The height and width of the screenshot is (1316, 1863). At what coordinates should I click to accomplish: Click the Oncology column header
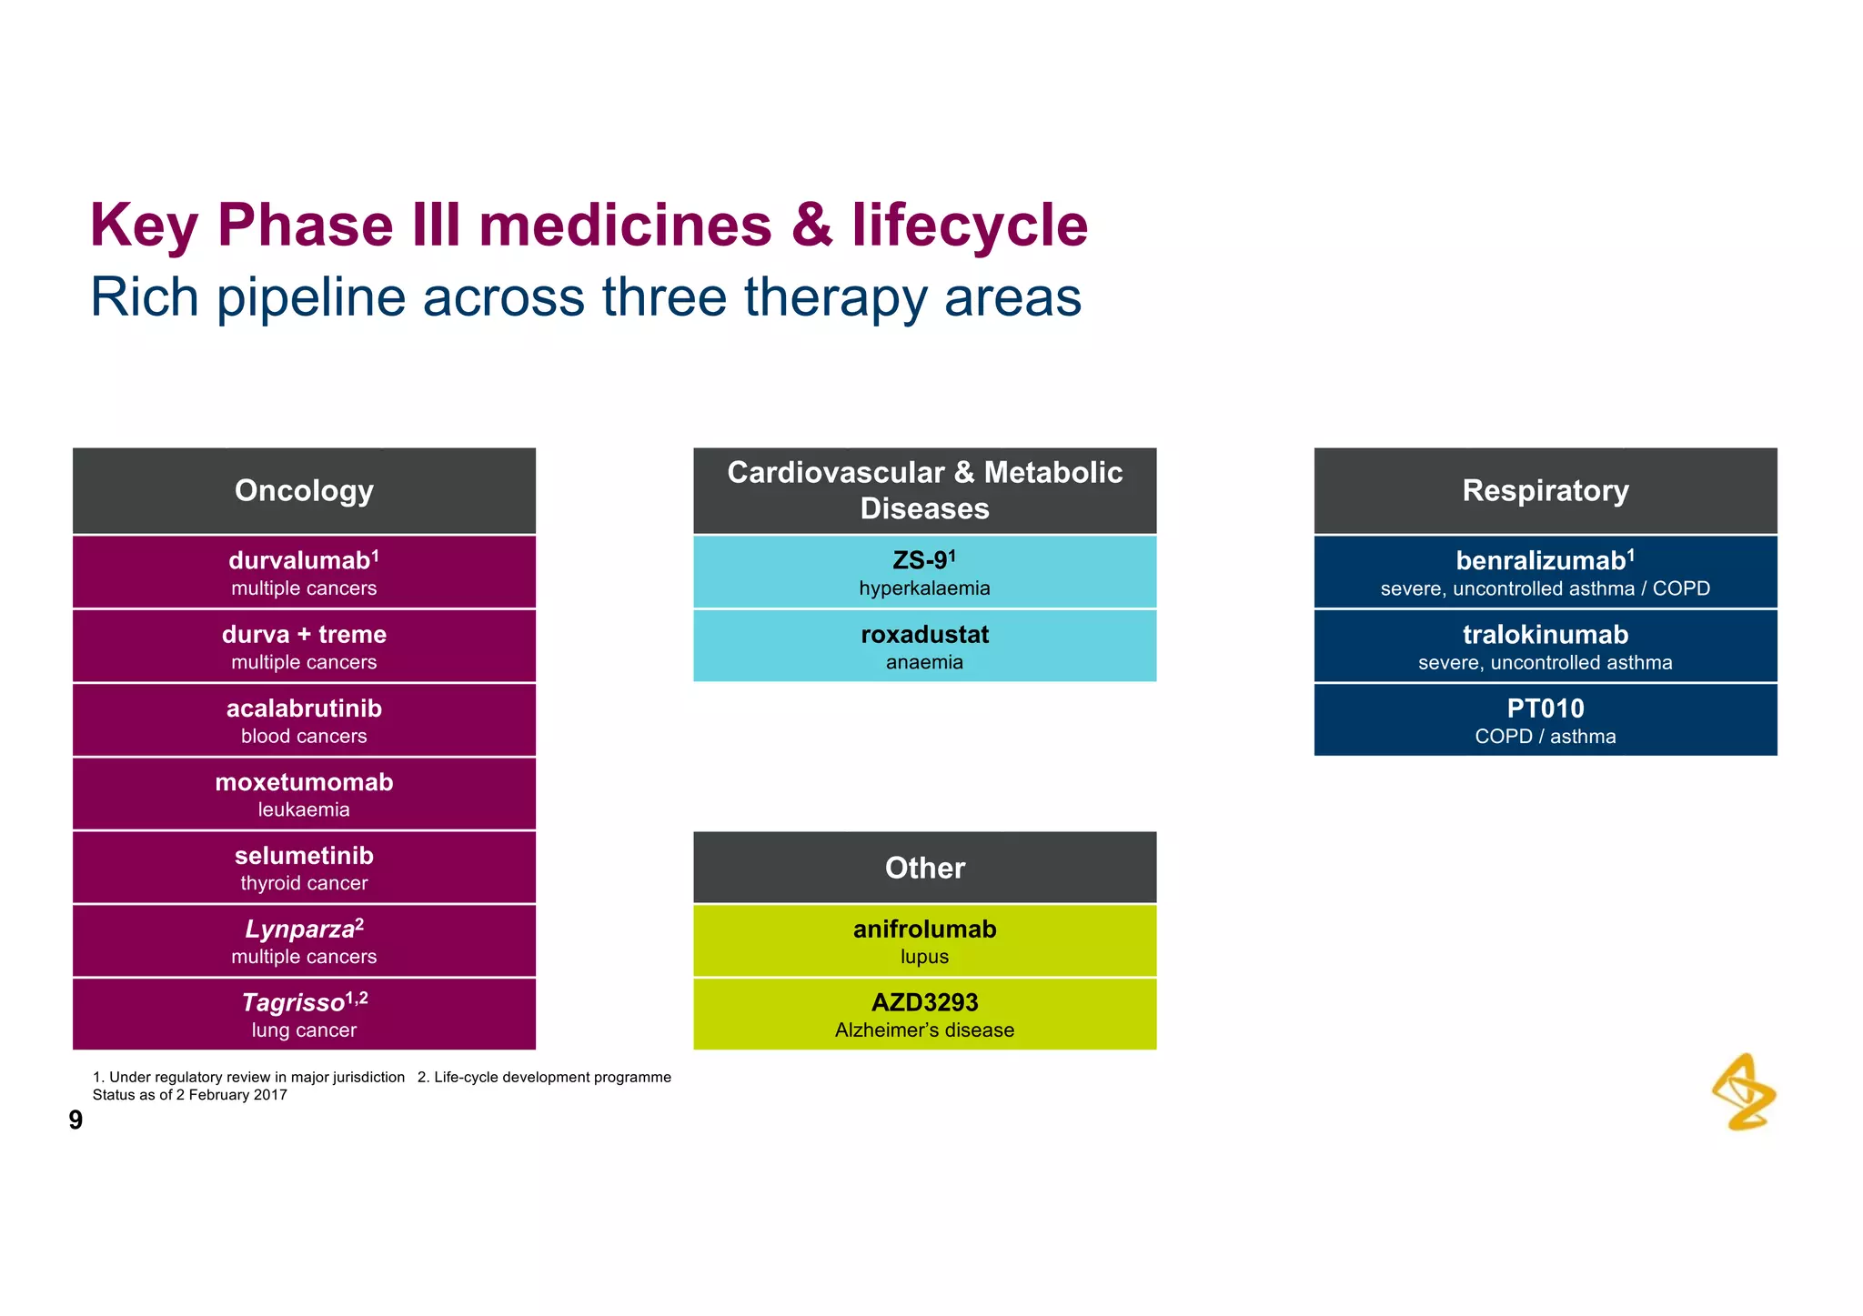304,490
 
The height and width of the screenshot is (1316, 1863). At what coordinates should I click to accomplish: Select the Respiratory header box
1545,490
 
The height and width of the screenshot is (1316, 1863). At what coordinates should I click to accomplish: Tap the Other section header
924,868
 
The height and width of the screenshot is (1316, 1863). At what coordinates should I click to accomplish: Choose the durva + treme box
304,646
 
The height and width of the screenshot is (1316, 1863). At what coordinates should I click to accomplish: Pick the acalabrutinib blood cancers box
304,720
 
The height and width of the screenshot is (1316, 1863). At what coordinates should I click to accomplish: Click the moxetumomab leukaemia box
304,794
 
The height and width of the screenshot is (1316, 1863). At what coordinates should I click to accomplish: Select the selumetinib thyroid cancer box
304,868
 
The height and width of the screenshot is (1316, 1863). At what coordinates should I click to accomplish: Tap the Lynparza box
304,941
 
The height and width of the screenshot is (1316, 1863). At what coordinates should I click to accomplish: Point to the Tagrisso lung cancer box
304,1014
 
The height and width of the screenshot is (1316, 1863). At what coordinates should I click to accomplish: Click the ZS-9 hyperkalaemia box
924,572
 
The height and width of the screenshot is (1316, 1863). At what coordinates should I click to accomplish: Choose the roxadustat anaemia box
924,646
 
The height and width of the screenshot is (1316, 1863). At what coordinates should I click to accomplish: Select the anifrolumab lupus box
924,941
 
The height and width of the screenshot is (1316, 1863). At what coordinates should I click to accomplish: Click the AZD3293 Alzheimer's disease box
924,1014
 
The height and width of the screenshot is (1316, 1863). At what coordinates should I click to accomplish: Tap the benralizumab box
1545,572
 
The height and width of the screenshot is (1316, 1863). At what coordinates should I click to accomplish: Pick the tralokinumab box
1545,646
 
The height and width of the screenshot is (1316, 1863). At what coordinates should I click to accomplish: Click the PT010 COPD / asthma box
1545,720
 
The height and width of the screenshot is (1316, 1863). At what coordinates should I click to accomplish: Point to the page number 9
76,1120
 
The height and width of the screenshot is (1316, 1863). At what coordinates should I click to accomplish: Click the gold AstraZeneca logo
1744,1092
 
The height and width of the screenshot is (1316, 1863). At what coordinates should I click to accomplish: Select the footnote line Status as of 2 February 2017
190,1095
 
